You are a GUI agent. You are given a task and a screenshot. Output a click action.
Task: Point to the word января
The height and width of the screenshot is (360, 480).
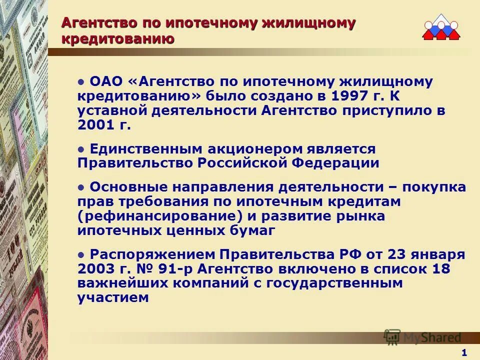click(x=439, y=254)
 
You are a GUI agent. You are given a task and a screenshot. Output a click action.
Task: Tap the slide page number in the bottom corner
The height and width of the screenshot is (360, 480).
click(x=464, y=353)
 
